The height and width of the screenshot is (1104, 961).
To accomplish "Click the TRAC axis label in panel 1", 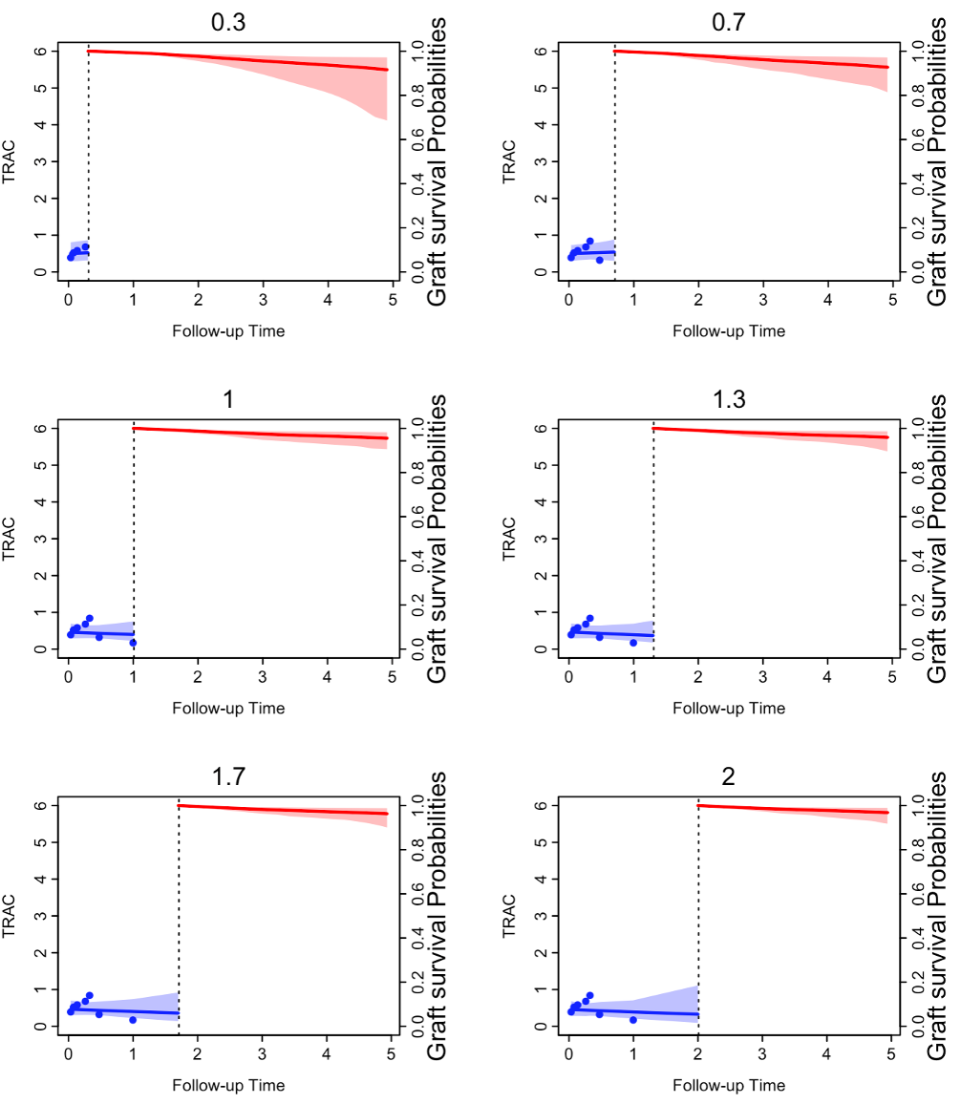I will click(9, 538).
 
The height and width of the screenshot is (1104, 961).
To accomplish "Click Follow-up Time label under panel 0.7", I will click(729, 331).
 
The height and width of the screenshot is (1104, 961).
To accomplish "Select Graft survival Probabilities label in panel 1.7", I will click(438, 916).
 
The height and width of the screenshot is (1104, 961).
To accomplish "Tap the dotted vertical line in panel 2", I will click(698, 917).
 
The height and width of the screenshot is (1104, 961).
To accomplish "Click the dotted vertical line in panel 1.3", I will click(653, 540).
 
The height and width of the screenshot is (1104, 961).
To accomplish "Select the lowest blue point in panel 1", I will click(133, 643).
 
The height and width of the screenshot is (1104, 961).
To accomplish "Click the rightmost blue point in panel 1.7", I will click(133, 1020).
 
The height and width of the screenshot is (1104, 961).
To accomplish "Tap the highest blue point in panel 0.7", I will click(589, 242).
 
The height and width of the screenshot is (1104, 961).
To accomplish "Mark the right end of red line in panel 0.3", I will click(387, 70).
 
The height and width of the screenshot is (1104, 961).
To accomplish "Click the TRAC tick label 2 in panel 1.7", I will click(42, 953).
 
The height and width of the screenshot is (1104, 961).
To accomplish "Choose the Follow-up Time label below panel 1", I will click(228, 709).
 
